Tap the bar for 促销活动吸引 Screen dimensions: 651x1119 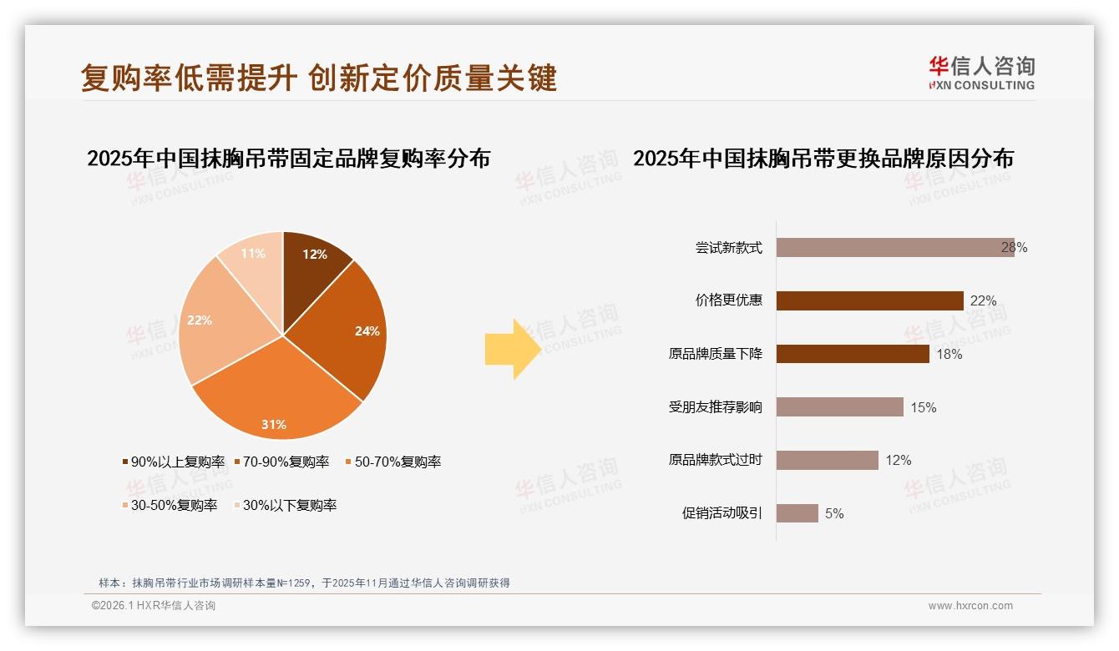tap(797, 513)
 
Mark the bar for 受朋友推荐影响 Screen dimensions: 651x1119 tap(840, 407)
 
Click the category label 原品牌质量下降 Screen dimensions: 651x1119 tap(715, 354)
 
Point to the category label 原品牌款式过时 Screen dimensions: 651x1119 tap(715, 460)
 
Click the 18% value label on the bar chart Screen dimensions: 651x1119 tap(949, 355)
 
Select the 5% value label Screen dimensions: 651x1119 tap(834, 514)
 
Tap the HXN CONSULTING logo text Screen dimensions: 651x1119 tap(981, 85)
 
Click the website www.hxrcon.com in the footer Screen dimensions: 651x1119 tap(970, 606)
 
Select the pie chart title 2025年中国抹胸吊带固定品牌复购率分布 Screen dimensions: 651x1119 tap(288, 159)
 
